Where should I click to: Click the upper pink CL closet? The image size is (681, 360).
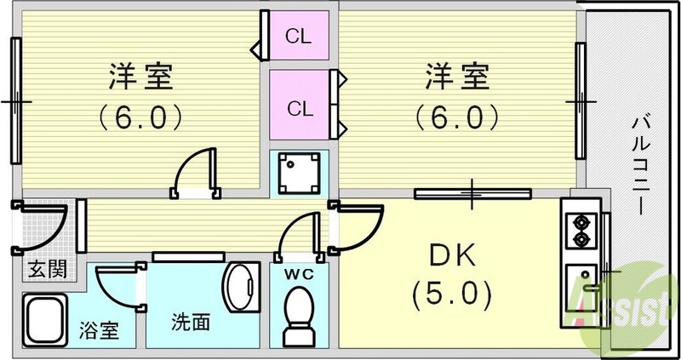pos(299,36)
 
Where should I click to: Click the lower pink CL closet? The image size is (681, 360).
pos(299,107)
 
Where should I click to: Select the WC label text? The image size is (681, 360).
pos(298,273)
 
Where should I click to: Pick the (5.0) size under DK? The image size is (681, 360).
pos(453,295)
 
